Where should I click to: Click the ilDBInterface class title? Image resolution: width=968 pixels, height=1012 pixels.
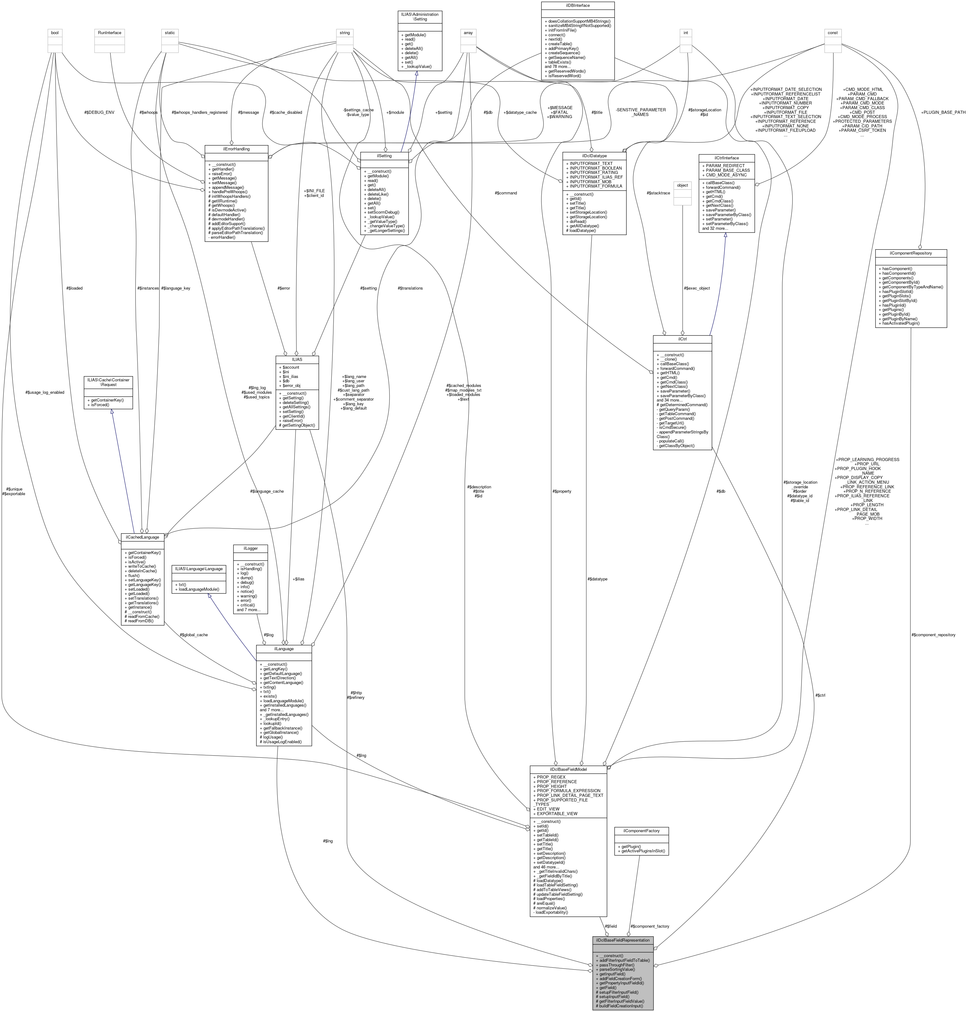pos(577,5)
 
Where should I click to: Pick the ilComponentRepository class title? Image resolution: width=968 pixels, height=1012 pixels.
pos(911,253)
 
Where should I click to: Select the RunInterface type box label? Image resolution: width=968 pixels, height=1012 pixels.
pos(109,33)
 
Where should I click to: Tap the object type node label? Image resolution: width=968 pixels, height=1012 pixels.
pos(682,185)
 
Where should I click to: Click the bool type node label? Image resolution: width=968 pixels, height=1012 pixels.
pos(55,33)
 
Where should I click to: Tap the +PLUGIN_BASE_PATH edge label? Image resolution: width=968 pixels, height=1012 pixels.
pos(943,112)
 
